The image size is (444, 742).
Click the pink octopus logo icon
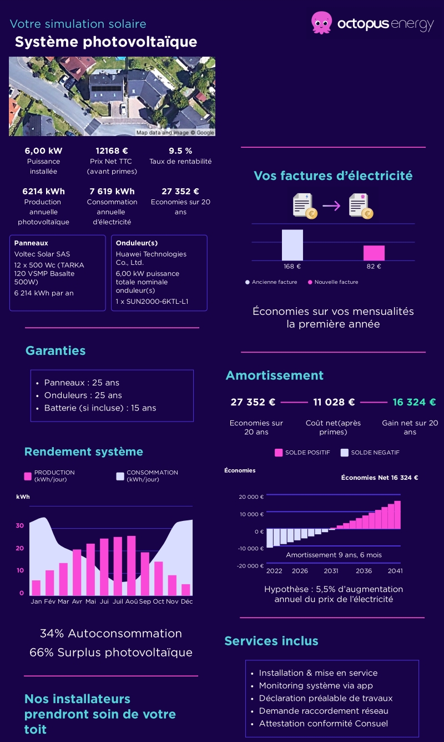click(321, 22)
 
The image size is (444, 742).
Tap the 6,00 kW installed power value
click(43, 151)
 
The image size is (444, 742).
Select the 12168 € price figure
click(112, 151)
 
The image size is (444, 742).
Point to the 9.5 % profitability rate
click(180, 151)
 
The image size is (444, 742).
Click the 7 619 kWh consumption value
click(112, 191)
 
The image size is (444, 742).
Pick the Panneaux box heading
click(31, 243)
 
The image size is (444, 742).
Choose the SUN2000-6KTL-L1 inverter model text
click(152, 302)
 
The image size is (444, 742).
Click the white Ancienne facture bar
click(292, 245)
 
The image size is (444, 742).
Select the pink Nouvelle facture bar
click(374, 253)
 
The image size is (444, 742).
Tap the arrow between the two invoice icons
click(331, 205)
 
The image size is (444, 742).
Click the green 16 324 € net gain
click(414, 402)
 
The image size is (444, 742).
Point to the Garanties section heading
click(56, 350)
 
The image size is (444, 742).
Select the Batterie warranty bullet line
click(100, 408)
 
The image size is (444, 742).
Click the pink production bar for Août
click(131, 565)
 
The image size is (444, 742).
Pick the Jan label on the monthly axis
click(36, 601)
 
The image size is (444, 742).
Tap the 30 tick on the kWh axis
click(20, 525)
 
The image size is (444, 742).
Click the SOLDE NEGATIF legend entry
click(370, 453)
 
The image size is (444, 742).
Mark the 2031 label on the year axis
click(331, 571)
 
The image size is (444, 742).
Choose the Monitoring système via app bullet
click(316, 686)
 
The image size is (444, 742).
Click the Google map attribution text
click(175, 133)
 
